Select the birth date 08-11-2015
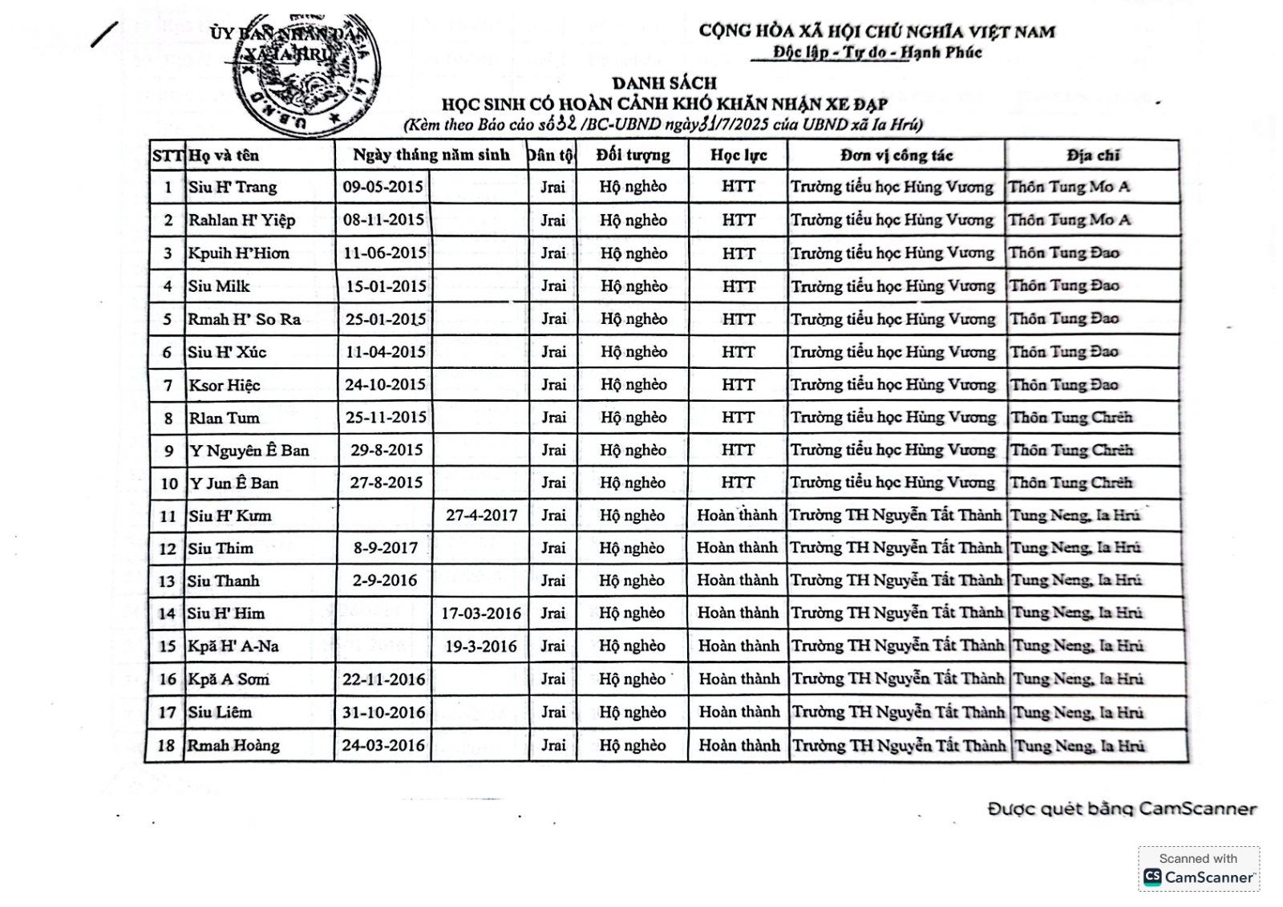click(383, 220)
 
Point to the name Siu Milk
click(219, 286)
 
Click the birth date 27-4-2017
click(481, 516)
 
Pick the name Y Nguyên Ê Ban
click(249, 451)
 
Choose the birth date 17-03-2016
click(481, 613)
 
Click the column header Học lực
click(738, 155)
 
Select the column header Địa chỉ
click(1093, 155)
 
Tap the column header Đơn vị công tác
click(896, 155)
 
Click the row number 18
click(166, 745)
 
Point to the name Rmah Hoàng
click(233, 745)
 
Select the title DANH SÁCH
click(664, 83)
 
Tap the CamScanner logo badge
click(1199, 869)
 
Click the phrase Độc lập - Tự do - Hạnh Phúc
click(877, 53)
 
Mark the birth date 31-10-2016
click(383, 712)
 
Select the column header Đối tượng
click(633, 155)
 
